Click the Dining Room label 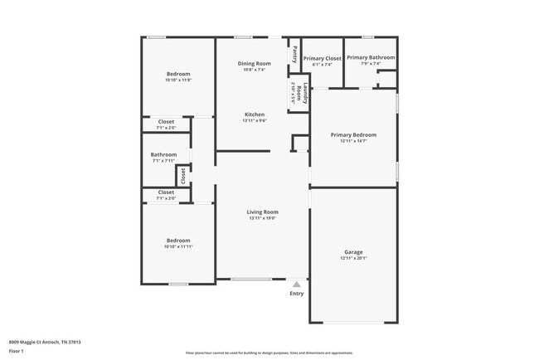click(x=255, y=64)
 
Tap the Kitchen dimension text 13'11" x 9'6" click(x=254, y=121)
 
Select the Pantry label click(x=294, y=53)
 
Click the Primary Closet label click(x=322, y=58)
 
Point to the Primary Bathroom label click(x=370, y=57)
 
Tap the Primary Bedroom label click(x=353, y=134)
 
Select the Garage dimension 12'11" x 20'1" click(x=353, y=258)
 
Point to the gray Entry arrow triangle click(x=296, y=284)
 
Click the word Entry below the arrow click(x=296, y=294)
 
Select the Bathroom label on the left click(x=163, y=154)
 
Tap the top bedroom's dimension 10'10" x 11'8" click(x=178, y=80)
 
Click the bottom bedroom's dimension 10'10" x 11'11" click(x=178, y=246)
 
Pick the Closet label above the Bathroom click(x=166, y=122)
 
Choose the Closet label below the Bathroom click(x=166, y=192)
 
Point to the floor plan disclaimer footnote click(x=269, y=352)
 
